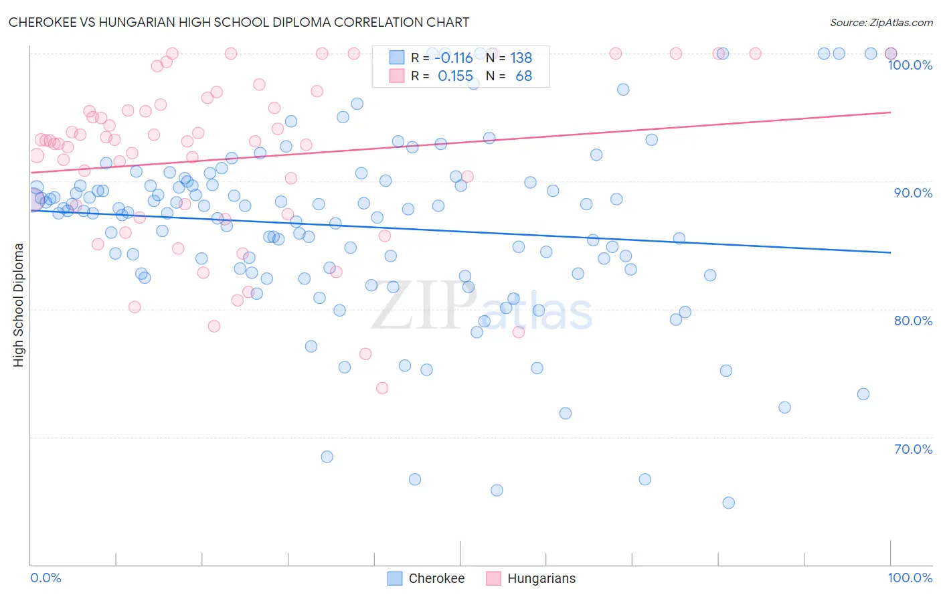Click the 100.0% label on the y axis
910,65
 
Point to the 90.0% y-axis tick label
913,193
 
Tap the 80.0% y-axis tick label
913,321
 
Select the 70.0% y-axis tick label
913,449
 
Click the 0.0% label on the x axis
46,578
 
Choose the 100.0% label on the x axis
910,578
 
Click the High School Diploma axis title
19,305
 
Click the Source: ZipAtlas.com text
881,22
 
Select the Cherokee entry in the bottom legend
436,578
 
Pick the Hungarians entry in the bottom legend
541,578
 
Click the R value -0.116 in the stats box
454,58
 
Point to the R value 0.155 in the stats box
455,76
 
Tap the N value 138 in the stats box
521,58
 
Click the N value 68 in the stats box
523,76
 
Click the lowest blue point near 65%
728,503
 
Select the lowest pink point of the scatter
382,388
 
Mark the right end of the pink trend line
891,112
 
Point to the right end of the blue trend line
891,252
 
